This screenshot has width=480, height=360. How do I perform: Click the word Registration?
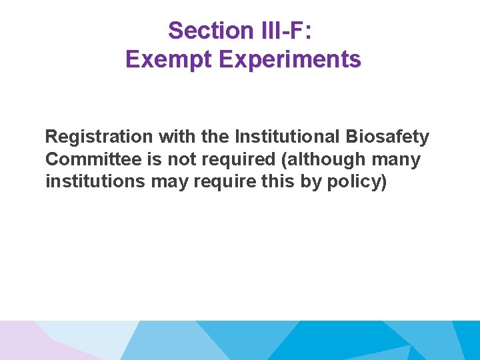pos(99,137)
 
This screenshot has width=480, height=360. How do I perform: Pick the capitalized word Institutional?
pos(288,137)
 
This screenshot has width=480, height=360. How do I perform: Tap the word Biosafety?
pos(388,137)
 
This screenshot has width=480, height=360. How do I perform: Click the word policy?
pos(355,182)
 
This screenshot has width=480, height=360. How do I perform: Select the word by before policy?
pos(311,182)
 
